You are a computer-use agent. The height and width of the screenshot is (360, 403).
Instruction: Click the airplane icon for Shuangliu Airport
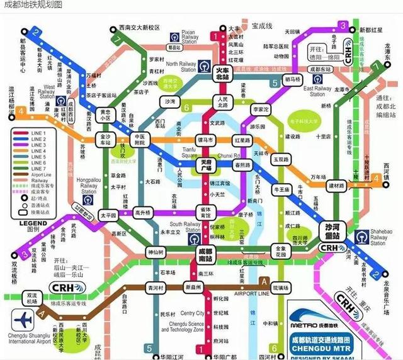(x=21, y=317)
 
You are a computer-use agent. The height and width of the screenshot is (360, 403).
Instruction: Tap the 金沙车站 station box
(x=105, y=139)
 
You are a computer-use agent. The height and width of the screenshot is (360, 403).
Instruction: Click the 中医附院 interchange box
(x=140, y=139)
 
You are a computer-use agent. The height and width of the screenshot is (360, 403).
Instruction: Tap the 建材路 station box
(x=337, y=186)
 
